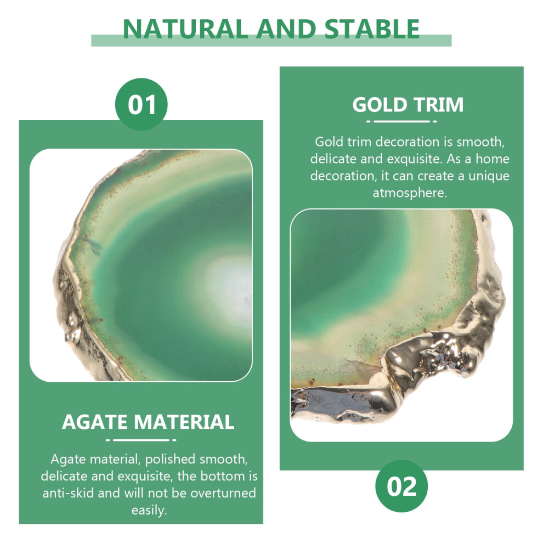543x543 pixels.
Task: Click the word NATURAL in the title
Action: (x=185, y=29)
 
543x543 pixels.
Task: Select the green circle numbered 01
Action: (x=142, y=104)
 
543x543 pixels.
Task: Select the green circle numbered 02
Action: (x=401, y=486)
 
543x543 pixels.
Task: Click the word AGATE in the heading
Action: (x=94, y=422)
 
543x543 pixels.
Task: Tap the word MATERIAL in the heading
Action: (x=184, y=422)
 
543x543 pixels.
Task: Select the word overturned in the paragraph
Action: (x=223, y=493)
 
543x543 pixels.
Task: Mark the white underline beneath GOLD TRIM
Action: (x=401, y=122)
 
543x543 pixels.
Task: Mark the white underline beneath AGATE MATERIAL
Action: (x=142, y=440)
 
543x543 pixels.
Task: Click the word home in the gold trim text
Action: (x=493, y=159)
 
